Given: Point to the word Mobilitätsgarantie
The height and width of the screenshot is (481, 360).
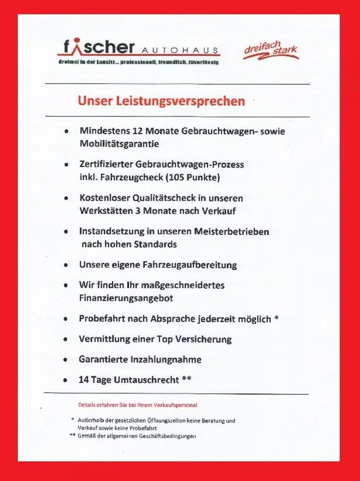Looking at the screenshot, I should [119, 144].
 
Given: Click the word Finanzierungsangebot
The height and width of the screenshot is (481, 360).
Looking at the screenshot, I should [126, 298].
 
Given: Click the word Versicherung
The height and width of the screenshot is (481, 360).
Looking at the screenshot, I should [202, 339].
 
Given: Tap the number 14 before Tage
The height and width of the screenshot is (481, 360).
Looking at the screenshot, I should [84, 380].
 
